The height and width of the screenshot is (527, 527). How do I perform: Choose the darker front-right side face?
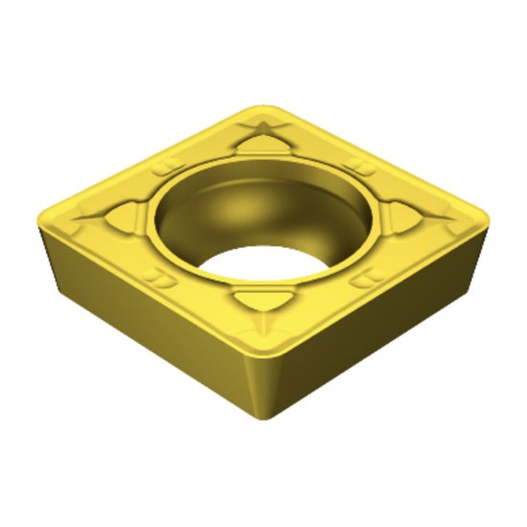click(x=383, y=326)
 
